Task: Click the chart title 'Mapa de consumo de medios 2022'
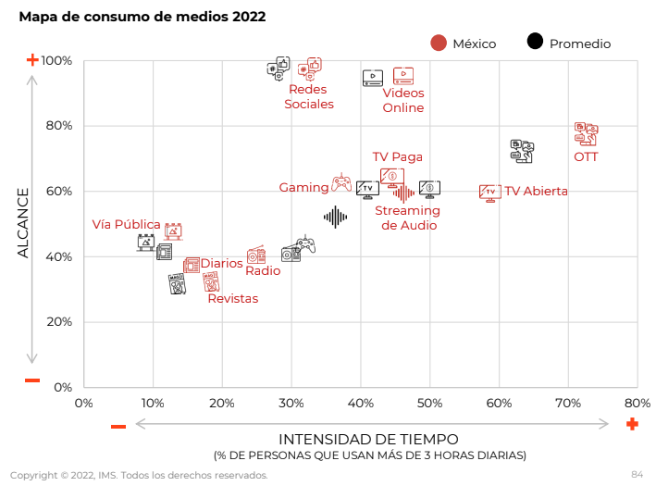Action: click(x=142, y=17)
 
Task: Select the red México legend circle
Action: click(x=439, y=43)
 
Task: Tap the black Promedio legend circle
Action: click(x=535, y=42)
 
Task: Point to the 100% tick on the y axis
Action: click(x=58, y=61)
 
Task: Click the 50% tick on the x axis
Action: click(x=429, y=403)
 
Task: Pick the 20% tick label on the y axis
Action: click(x=58, y=322)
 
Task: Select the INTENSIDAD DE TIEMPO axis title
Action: click(x=368, y=439)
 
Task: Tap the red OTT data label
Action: click(x=586, y=156)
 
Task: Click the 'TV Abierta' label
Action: click(x=536, y=192)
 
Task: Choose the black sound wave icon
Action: click(x=335, y=217)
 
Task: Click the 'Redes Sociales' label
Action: click(x=308, y=97)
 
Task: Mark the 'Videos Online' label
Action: click(x=403, y=100)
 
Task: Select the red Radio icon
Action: click(x=256, y=255)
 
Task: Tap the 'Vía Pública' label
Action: click(x=126, y=225)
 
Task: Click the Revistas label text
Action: click(x=232, y=298)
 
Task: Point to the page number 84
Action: click(x=637, y=474)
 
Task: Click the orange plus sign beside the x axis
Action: click(x=632, y=424)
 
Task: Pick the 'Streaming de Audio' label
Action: click(x=407, y=218)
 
